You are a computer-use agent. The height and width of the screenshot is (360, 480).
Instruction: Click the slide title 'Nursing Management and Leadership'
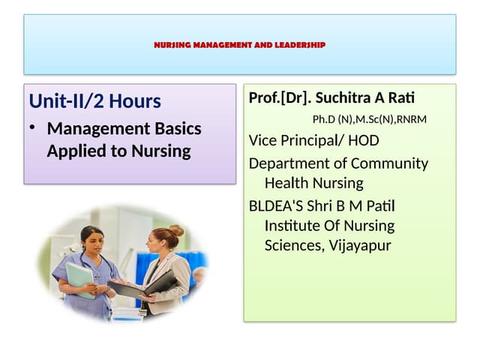click(239, 45)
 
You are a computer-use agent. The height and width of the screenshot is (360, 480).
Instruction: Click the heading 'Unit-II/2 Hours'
click(94, 100)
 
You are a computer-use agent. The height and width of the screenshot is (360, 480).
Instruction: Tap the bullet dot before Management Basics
click(33, 128)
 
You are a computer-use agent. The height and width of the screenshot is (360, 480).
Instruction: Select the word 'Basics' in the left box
click(176, 128)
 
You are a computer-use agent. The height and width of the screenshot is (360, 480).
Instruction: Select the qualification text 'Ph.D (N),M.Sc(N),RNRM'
click(370, 119)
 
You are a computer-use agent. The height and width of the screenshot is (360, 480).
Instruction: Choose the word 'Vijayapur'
click(360, 245)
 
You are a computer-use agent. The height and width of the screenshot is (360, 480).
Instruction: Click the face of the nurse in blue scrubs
click(91, 242)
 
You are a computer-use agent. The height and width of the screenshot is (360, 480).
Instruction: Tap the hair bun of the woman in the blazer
click(177, 230)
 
